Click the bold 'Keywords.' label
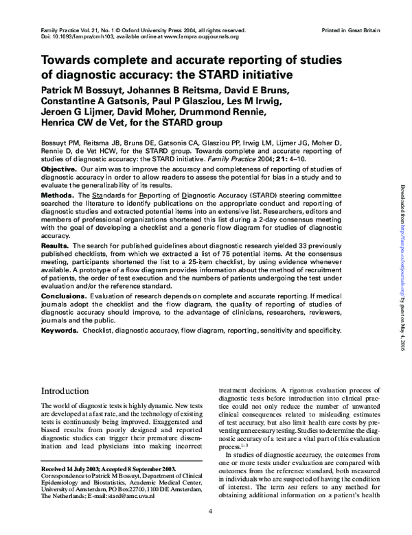coord(60,330)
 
